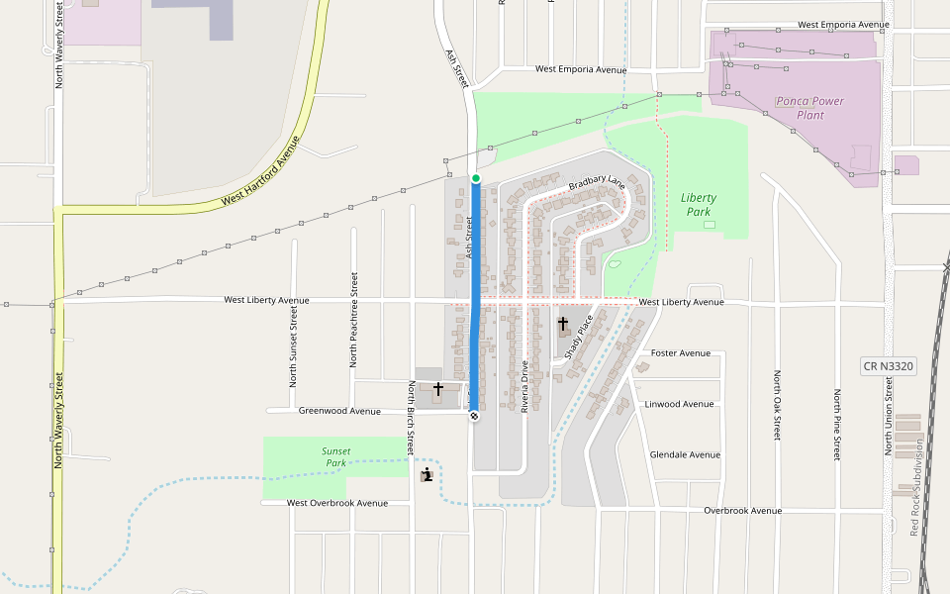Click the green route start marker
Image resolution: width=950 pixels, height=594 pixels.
[x=476, y=178]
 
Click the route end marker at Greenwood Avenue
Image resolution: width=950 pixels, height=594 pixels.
[x=474, y=416]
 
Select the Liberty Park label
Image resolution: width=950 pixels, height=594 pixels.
[x=698, y=205]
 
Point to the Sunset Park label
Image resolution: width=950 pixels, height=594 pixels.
[x=335, y=456]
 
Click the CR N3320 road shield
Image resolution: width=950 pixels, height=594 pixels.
[x=888, y=366]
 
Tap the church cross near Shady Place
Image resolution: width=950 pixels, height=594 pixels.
[x=563, y=324]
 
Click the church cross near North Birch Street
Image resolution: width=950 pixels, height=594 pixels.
[x=437, y=390]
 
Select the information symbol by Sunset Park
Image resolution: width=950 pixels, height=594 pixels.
[x=427, y=475]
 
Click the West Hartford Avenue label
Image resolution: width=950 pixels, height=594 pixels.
[x=260, y=170]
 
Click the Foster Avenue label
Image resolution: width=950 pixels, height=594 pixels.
[x=680, y=352]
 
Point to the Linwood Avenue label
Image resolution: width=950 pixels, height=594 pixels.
[x=679, y=404]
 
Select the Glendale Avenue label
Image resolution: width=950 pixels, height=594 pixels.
[x=685, y=454]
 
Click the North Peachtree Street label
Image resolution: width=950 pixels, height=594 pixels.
[x=352, y=320]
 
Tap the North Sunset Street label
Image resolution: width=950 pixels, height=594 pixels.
[x=293, y=346]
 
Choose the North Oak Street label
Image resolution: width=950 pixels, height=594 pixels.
[x=777, y=406]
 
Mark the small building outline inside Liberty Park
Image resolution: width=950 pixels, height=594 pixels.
[x=709, y=225]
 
